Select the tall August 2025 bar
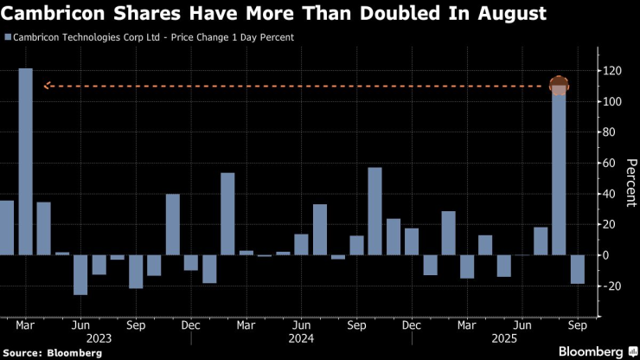pos(559,173)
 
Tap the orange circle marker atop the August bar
pos(559,86)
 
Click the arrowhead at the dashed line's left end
pos(47,86)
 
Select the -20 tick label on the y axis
pos(615,286)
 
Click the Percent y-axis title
pos(630,183)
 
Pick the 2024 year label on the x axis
pos(300,338)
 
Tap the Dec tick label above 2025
pos(412,325)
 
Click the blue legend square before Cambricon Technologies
pos(8,38)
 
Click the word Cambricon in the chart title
pos(51,14)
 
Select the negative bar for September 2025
pos(578,269)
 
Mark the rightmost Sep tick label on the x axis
pos(578,325)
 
